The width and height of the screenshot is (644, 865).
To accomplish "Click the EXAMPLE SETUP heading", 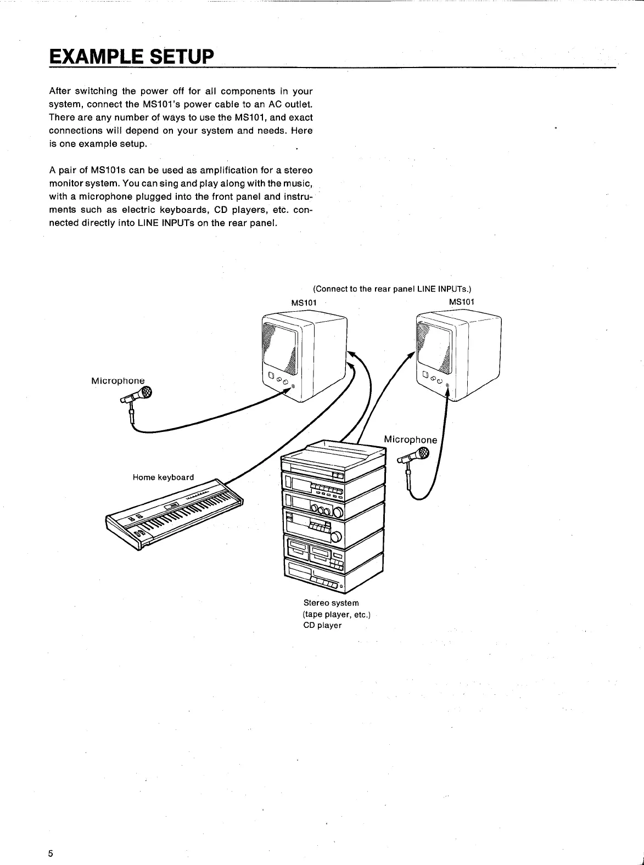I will pyautogui.click(x=130, y=57).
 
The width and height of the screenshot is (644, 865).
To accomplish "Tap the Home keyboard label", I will pyautogui.click(x=163, y=478).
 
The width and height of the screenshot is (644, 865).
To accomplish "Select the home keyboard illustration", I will pyautogui.click(x=175, y=514).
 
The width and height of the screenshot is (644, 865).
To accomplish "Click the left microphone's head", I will pyautogui.click(x=145, y=392).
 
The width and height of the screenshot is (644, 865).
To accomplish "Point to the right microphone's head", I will pyautogui.click(x=422, y=453).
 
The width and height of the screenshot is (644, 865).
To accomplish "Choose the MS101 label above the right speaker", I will pyautogui.click(x=462, y=302).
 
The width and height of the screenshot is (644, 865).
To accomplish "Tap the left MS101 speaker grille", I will pyautogui.click(x=281, y=346).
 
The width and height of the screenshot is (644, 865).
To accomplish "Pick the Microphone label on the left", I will pyautogui.click(x=118, y=381).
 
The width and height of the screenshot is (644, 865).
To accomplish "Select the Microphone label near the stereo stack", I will pyautogui.click(x=410, y=440).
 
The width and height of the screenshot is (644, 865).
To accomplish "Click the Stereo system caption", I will pyautogui.click(x=331, y=603).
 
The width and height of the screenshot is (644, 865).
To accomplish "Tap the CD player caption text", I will pyautogui.click(x=322, y=626).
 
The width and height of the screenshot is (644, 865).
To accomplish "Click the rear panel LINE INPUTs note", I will pyautogui.click(x=392, y=289).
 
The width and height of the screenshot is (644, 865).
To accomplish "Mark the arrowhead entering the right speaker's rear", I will pyautogui.click(x=411, y=354).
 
